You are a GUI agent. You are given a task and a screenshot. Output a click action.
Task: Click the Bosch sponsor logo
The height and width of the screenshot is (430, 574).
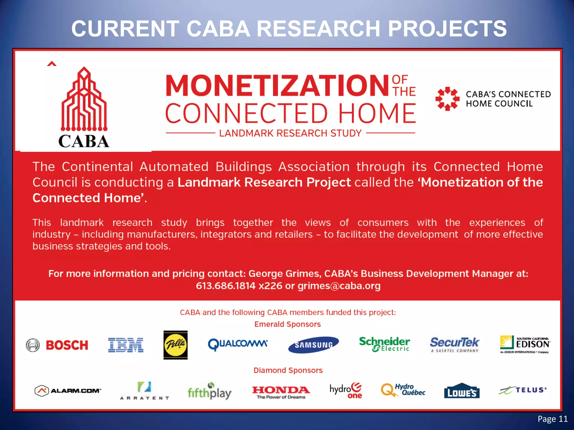57,345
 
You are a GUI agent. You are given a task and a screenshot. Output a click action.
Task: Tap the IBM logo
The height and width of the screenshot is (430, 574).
126,345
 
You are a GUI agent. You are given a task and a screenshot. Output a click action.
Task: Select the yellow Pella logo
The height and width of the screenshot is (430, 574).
175,345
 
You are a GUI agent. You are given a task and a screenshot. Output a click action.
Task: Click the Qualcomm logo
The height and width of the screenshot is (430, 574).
238,344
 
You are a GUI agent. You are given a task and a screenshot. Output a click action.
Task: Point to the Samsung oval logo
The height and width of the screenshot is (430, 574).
313,345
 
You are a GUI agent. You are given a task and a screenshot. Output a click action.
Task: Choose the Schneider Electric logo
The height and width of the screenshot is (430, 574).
384,344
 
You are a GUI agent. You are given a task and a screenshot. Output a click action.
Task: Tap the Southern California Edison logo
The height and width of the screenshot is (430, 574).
525,344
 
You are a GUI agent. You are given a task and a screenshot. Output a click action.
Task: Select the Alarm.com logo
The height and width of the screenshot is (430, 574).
68,391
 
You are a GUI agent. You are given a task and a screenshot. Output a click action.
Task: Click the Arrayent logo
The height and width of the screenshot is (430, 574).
145,391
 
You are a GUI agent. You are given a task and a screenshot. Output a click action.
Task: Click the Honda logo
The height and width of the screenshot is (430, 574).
281,392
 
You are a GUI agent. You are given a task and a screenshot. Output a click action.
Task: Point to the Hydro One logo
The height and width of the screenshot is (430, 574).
346,390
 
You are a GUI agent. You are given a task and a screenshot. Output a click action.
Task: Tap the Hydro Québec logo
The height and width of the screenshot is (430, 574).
403,390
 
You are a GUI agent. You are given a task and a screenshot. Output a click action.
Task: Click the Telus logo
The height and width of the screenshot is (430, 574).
523,390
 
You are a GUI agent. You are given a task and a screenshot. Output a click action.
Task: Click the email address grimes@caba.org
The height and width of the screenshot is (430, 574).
339,286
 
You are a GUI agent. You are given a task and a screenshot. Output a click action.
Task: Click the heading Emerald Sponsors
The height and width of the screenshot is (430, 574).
288,324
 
